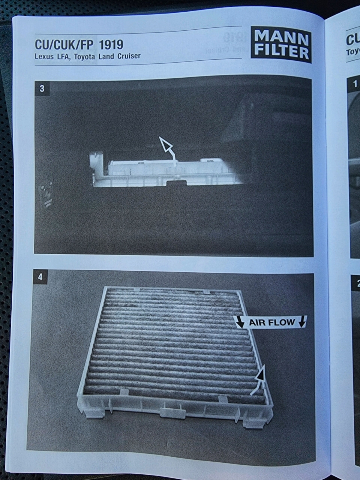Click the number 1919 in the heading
(x=111, y=45)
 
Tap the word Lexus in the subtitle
(x=44, y=57)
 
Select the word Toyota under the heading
(x=85, y=57)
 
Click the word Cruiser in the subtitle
(x=129, y=56)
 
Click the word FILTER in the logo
(x=282, y=52)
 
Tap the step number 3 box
(x=42, y=88)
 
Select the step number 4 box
(x=40, y=277)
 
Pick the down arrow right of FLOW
(x=301, y=322)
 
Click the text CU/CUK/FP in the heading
(x=64, y=45)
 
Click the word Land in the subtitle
(x=106, y=56)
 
